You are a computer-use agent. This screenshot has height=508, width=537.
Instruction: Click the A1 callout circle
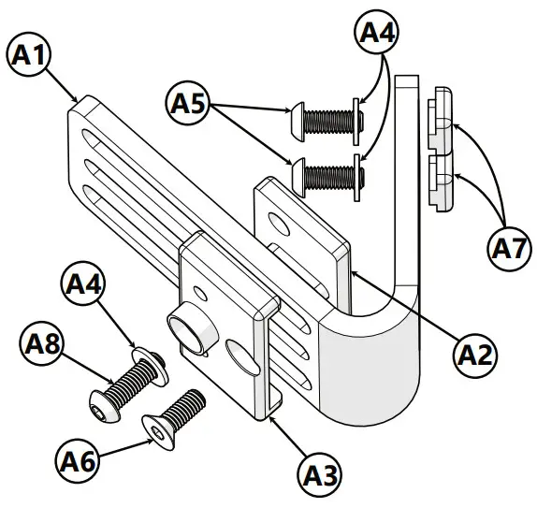click(x=30, y=54)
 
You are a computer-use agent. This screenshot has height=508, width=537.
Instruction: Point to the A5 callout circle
click(x=189, y=101)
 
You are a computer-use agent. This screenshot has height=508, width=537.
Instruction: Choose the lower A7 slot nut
click(x=441, y=181)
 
